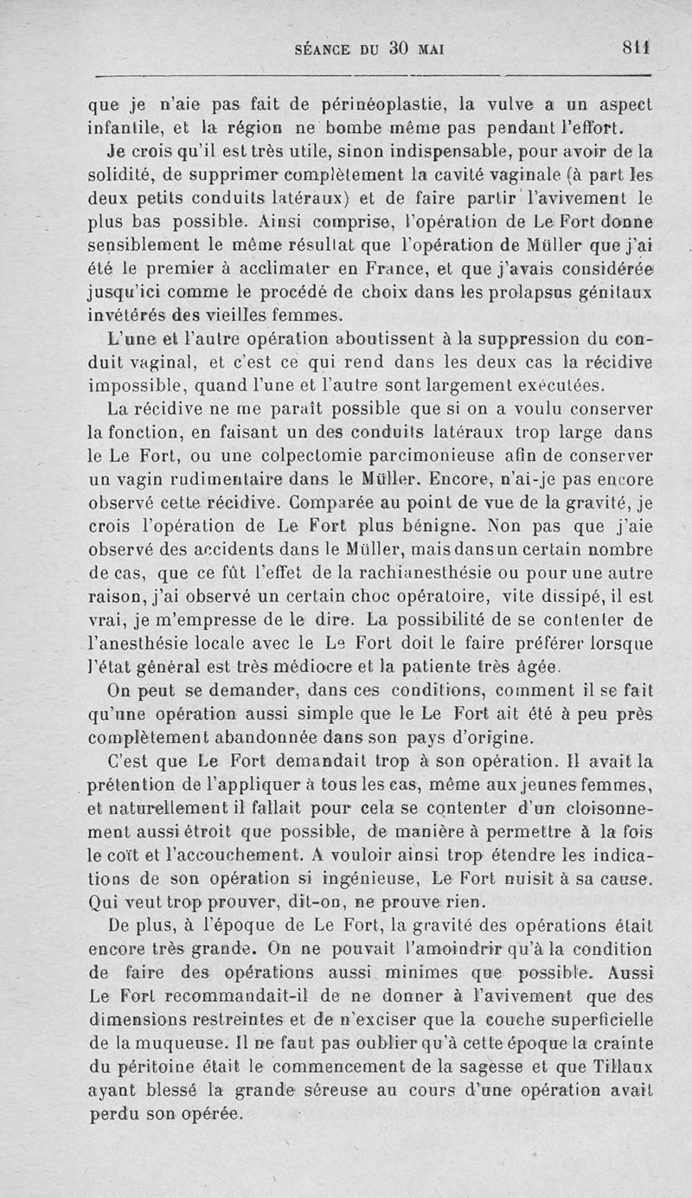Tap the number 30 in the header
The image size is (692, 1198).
[398, 48]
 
